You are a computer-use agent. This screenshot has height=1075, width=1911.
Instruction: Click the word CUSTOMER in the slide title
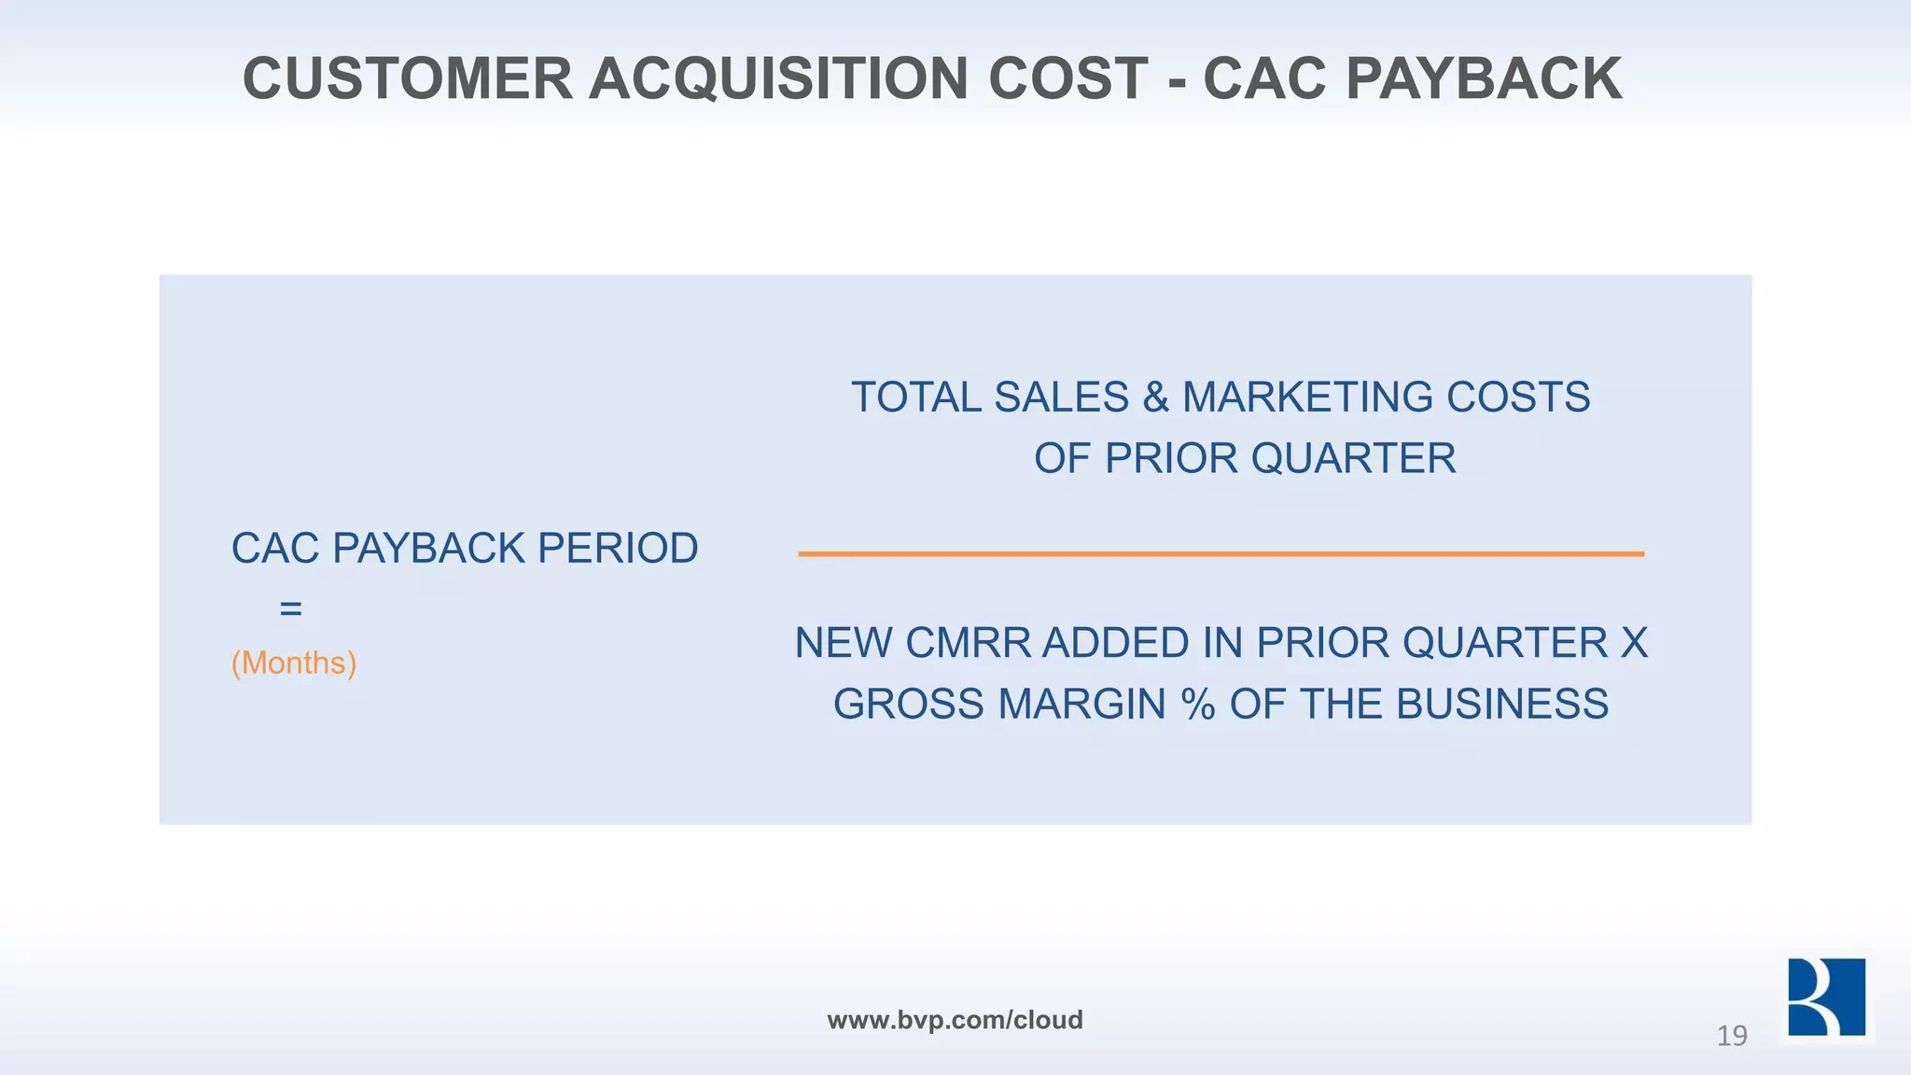pyautogui.click(x=407, y=78)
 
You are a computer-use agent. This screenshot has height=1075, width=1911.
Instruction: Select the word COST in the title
pyautogui.click(x=1067, y=78)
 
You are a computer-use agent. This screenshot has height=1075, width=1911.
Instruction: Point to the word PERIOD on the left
pyautogui.click(x=618, y=549)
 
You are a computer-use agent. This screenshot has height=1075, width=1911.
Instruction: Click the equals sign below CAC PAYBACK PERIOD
pyautogui.click(x=291, y=609)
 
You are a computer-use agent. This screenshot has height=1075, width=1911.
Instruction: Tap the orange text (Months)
pyautogui.click(x=294, y=663)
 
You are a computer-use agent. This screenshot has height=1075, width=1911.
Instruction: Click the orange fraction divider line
pyautogui.click(x=1221, y=554)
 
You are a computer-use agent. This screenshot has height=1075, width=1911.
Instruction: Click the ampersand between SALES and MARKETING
pyautogui.click(x=1155, y=398)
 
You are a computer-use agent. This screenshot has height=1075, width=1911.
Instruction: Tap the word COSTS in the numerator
pyautogui.click(x=1518, y=398)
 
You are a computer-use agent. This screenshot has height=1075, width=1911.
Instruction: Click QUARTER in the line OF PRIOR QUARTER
pyautogui.click(x=1353, y=459)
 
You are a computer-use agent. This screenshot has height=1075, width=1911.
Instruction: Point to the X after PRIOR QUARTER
pyautogui.click(x=1634, y=644)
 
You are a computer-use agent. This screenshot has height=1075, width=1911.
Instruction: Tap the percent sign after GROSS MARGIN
pyautogui.click(x=1198, y=705)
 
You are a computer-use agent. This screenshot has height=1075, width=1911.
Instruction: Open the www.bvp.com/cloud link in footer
pyautogui.click(x=955, y=1020)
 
